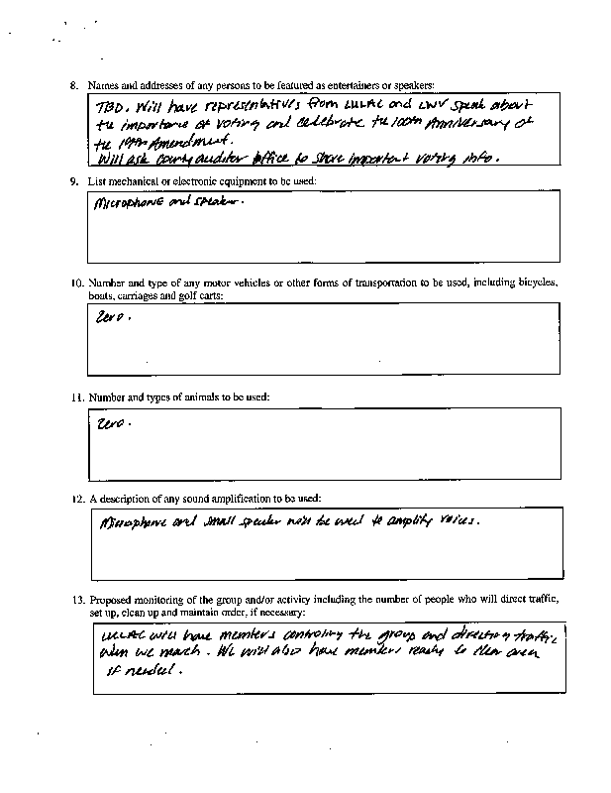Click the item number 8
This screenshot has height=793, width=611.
pyautogui.click(x=74, y=86)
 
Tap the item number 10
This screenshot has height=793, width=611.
pyautogui.click(x=76, y=283)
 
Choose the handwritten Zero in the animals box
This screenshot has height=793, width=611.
pyautogui.click(x=113, y=422)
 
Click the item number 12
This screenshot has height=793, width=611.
pyautogui.click(x=76, y=497)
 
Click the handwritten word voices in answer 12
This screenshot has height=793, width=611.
pyautogui.click(x=457, y=519)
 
